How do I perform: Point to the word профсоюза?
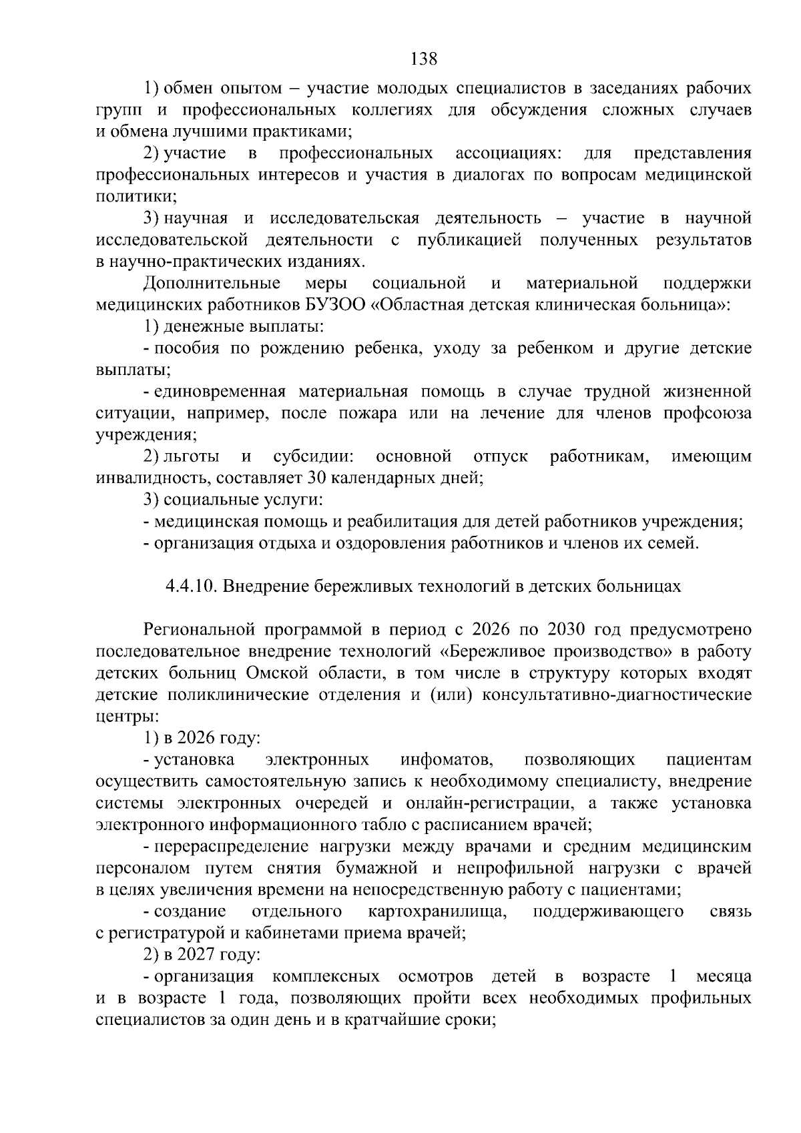coord(708,413)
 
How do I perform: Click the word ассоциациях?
coord(509,153)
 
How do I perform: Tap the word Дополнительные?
coord(212,284)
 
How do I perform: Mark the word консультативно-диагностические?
coord(617,695)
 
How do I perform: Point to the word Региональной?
coord(200,629)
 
